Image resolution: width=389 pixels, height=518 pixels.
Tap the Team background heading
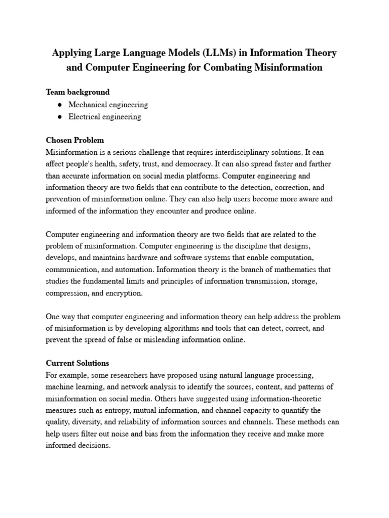click(x=77, y=92)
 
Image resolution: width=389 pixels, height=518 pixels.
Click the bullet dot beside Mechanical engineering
click(x=60, y=105)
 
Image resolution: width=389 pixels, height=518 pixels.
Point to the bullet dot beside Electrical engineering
click(x=60, y=117)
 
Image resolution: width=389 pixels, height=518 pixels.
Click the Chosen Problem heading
click(x=74, y=140)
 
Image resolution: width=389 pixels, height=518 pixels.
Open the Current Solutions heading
click(x=77, y=363)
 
